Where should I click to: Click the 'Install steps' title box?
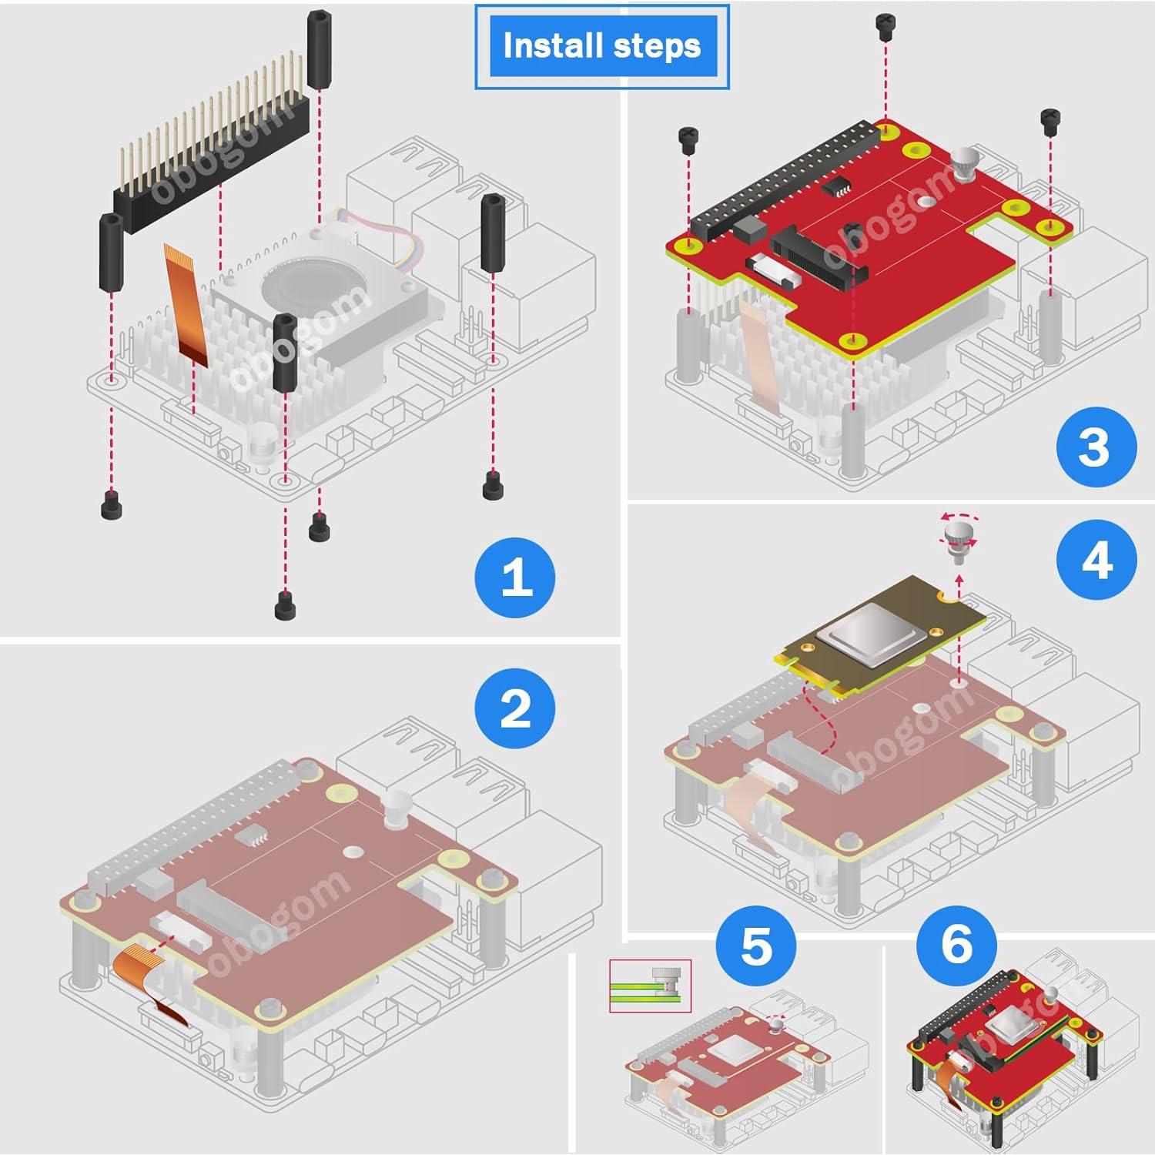click(601, 46)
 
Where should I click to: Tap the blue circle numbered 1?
click(515, 577)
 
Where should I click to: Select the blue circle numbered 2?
click(515, 708)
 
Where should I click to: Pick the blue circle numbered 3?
click(1096, 447)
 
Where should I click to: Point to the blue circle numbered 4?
click(1096, 561)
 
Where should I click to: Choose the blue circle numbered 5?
click(755, 946)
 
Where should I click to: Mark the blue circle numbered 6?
click(956, 943)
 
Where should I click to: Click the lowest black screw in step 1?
click(285, 605)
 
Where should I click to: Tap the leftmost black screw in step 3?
click(688, 139)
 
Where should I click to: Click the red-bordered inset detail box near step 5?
click(650, 986)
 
